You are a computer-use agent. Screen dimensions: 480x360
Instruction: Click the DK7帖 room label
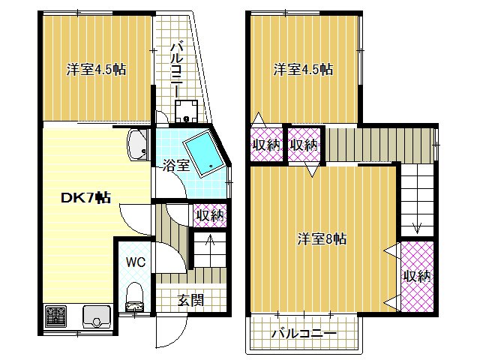tap(85, 198)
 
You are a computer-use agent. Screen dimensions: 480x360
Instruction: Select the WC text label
tap(136, 262)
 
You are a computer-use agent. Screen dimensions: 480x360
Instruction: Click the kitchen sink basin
tap(97, 316)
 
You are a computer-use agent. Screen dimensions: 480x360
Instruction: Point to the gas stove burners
tap(55, 316)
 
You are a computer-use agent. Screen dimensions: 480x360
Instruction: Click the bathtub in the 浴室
tap(205, 154)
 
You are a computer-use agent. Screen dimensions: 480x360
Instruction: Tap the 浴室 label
tap(175, 166)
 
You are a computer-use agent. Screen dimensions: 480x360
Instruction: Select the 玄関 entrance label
tap(191, 300)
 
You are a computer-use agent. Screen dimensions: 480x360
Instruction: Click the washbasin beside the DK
tap(136, 145)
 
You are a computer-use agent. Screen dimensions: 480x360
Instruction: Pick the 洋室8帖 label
tap(322, 238)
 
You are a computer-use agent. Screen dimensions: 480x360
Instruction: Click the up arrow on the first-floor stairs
tap(210, 240)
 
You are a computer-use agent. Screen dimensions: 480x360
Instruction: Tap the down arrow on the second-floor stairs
tap(417, 227)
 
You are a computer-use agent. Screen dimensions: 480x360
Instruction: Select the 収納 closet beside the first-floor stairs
tap(210, 215)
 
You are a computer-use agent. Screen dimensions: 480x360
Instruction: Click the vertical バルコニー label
tap(177, 70)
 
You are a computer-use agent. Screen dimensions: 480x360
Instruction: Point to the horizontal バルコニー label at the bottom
tap(304, 333)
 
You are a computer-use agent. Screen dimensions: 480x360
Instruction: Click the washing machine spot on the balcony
tap(186, 111)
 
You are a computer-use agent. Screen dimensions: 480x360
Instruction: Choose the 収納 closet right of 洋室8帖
tap(417, 277)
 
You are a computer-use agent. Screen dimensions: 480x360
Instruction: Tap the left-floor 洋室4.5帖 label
tap(97, 70)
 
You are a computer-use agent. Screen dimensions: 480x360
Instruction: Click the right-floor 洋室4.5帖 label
tap(303, 70)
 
